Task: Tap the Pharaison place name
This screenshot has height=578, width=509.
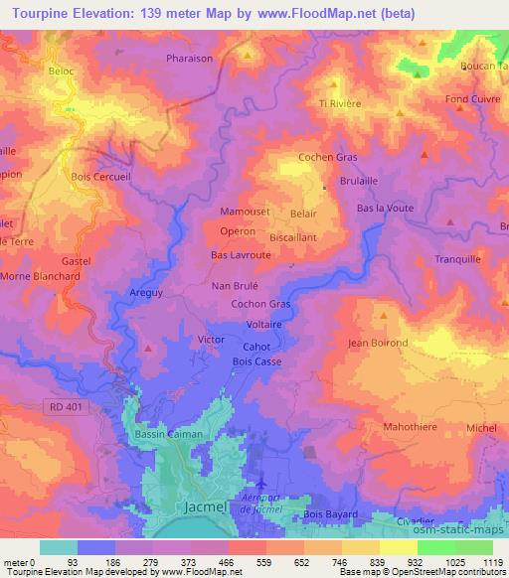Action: pyautogui.click(x=190, y=59)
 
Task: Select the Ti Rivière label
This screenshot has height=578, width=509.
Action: pyautogui.click(x=339, y=103)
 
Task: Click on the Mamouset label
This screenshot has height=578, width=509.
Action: pyautogui.click(x=243, y=213)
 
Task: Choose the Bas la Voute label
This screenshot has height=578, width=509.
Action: pyautogui.click(x=385, y=208)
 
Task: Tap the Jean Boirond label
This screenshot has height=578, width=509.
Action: pyautogui.click(x=378, y=344)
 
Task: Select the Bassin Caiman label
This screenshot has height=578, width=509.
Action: pyautogui.click(x=168, y=434)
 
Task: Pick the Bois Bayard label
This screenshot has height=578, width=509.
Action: pyautogui.click(x=329, y=513)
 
